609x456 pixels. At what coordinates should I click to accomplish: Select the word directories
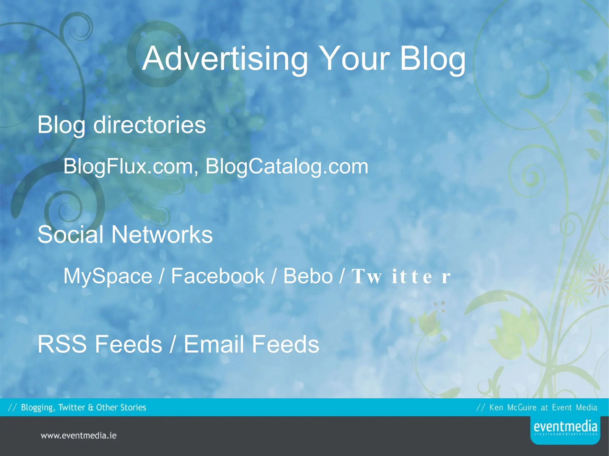coord(150,125)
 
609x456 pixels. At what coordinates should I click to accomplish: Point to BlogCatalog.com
coord(287,166)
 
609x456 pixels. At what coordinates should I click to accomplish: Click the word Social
coord(70,234)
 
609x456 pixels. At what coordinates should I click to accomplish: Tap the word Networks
coord(162,234)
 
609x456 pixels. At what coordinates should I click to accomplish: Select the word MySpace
coord(108,276)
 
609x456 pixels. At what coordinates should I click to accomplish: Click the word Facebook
coord(218,276)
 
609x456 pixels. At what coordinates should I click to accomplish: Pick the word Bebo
coord(308,276)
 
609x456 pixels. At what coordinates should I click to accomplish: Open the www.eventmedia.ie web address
coord(79,436)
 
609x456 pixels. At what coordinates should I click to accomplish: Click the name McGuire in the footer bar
coord(522,407)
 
